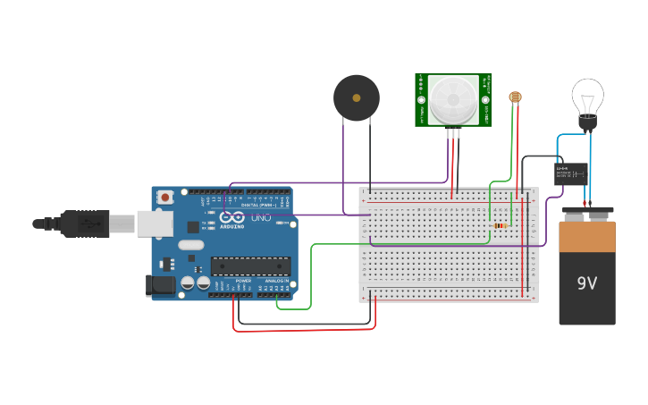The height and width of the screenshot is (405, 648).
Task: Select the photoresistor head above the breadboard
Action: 515,97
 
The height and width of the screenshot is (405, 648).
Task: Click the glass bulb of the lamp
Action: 587,95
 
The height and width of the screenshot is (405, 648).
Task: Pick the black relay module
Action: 571,173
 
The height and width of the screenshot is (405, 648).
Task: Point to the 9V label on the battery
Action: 586,284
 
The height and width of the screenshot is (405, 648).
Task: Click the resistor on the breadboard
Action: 500,225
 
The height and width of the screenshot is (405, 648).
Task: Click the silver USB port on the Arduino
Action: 155,224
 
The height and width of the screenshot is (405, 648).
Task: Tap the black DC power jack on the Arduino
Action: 160,285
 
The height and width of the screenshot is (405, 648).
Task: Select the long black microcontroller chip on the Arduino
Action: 250,266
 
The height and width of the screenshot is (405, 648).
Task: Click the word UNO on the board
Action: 261,217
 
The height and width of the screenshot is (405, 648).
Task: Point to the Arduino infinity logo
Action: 231,217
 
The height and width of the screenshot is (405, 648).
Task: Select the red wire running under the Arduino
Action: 304,330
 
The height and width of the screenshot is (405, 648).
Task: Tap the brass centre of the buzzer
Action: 357,97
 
